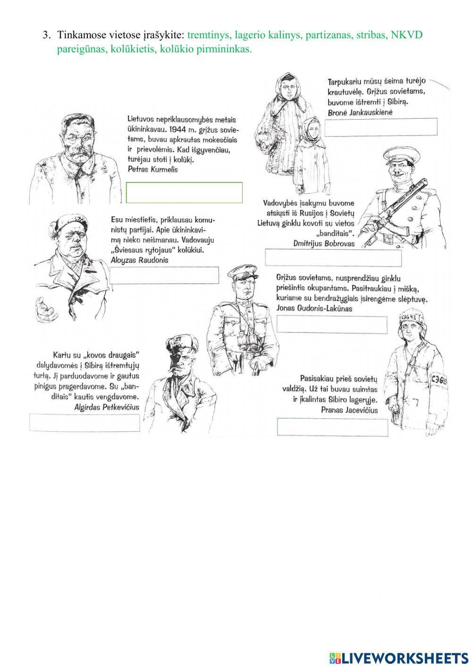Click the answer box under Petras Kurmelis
click(x=184, y=192)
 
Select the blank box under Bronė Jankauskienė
click(x=381, y=127)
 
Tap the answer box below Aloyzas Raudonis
click(x=164, y=275)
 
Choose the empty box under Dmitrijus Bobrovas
click(x=333, y=258)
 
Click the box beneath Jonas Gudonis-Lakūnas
click(x=332, y=324)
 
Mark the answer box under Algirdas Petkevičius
click(x=84, y=422)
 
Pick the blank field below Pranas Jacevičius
click(x=332, y=427)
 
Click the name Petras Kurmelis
click(x=152, y=170)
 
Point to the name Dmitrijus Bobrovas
click(x=324, y=243)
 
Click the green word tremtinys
click(x=210, y=35)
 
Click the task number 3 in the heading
click(x=46, y=35)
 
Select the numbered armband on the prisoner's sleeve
click(x=439, y=382)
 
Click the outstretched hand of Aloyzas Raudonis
click(x=45, y=308)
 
